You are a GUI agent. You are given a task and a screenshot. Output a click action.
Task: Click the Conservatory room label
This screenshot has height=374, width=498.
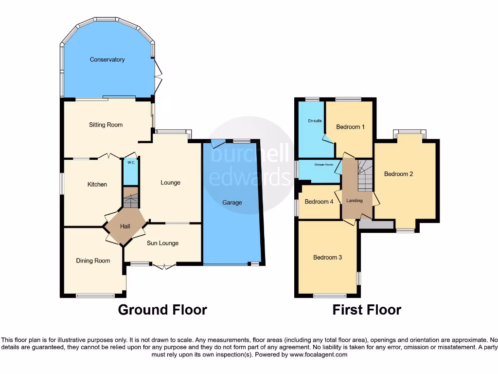107,59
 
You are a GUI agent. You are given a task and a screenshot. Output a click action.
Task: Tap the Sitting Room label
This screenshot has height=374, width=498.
106,125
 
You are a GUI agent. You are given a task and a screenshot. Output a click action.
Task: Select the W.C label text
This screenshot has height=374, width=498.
130,163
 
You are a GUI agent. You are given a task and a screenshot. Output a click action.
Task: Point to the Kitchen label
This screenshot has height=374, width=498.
97,184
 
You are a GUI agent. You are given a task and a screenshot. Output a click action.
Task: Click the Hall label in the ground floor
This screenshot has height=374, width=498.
125,226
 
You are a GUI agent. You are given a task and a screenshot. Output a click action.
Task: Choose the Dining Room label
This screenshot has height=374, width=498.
93,261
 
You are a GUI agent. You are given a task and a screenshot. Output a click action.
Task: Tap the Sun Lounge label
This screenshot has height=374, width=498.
162,243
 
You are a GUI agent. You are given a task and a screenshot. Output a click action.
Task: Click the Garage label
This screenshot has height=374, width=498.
232,202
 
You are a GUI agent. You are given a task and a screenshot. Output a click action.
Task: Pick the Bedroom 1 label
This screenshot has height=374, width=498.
350,127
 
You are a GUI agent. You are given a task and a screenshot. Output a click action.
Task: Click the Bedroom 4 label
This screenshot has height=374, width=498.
319,201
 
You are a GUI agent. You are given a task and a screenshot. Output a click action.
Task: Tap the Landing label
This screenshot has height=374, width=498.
354,201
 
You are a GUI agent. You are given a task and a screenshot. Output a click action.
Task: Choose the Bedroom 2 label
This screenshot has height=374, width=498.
398,173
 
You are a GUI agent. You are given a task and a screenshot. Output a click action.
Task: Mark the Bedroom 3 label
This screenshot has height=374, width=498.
327,257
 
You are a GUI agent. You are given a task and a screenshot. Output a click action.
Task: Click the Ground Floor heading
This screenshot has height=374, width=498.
162,310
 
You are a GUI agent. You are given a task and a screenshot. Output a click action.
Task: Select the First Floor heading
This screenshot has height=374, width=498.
367,310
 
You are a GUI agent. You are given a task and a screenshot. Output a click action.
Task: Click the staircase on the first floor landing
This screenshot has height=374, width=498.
364,176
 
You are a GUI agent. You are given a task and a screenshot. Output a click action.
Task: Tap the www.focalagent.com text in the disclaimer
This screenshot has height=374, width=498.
318,355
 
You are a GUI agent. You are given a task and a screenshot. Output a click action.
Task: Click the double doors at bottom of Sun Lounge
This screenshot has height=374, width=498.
164,266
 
